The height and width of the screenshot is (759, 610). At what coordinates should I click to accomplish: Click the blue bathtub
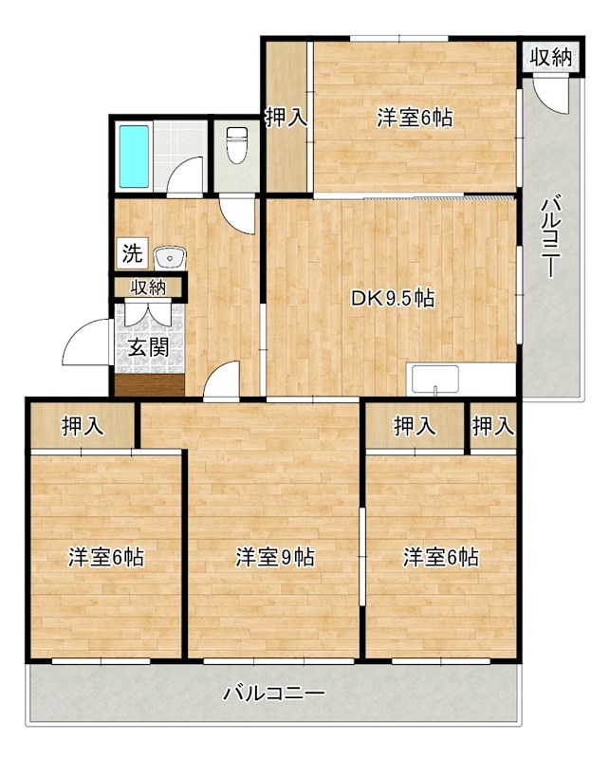pyautogui.click(x=134, y=157)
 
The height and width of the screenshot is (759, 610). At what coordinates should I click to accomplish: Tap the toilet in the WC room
pyautogui.click(x=237, y=145)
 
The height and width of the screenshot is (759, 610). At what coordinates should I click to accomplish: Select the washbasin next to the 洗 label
pyautogui.click(x=170, y=258)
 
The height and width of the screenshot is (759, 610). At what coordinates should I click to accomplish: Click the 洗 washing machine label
pyautogui.click(x=132, y=253)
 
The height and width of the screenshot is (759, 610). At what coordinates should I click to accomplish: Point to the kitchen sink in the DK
pyautogui.click(x=435, y=379)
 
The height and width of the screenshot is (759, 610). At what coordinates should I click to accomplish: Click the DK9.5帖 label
pyautogui.click(x=392, y=299)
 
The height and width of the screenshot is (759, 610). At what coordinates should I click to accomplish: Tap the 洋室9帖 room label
pyautogui.click(x=275, y=557)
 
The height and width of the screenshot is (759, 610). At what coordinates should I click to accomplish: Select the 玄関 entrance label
pyautogui.click(x=149, y=347)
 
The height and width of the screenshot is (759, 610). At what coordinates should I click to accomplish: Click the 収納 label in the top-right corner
pyautogui.click(x=550, y=58)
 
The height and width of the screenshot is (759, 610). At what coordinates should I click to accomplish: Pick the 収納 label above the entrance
pyautogui.click(x=148, y=287)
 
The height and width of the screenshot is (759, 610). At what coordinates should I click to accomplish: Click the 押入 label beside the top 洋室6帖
pyautogui.click(x=287, y=118)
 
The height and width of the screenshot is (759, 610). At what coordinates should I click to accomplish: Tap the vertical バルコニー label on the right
pyautogui.click(x=550, y=236)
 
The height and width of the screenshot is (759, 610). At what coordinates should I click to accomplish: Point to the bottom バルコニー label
pyautogui.click(x=274, y=694)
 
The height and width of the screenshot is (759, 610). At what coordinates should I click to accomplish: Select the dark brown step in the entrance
pyautogui.click(x=150, y=385)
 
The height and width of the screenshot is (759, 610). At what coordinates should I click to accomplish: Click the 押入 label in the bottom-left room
pyautogui.click(x=83, y=426)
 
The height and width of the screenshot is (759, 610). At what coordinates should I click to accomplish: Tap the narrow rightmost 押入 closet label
pyautogui.click(x=493, y=426)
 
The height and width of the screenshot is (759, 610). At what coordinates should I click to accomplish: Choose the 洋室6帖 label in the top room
pyautogui.click(x=415, y=118)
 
